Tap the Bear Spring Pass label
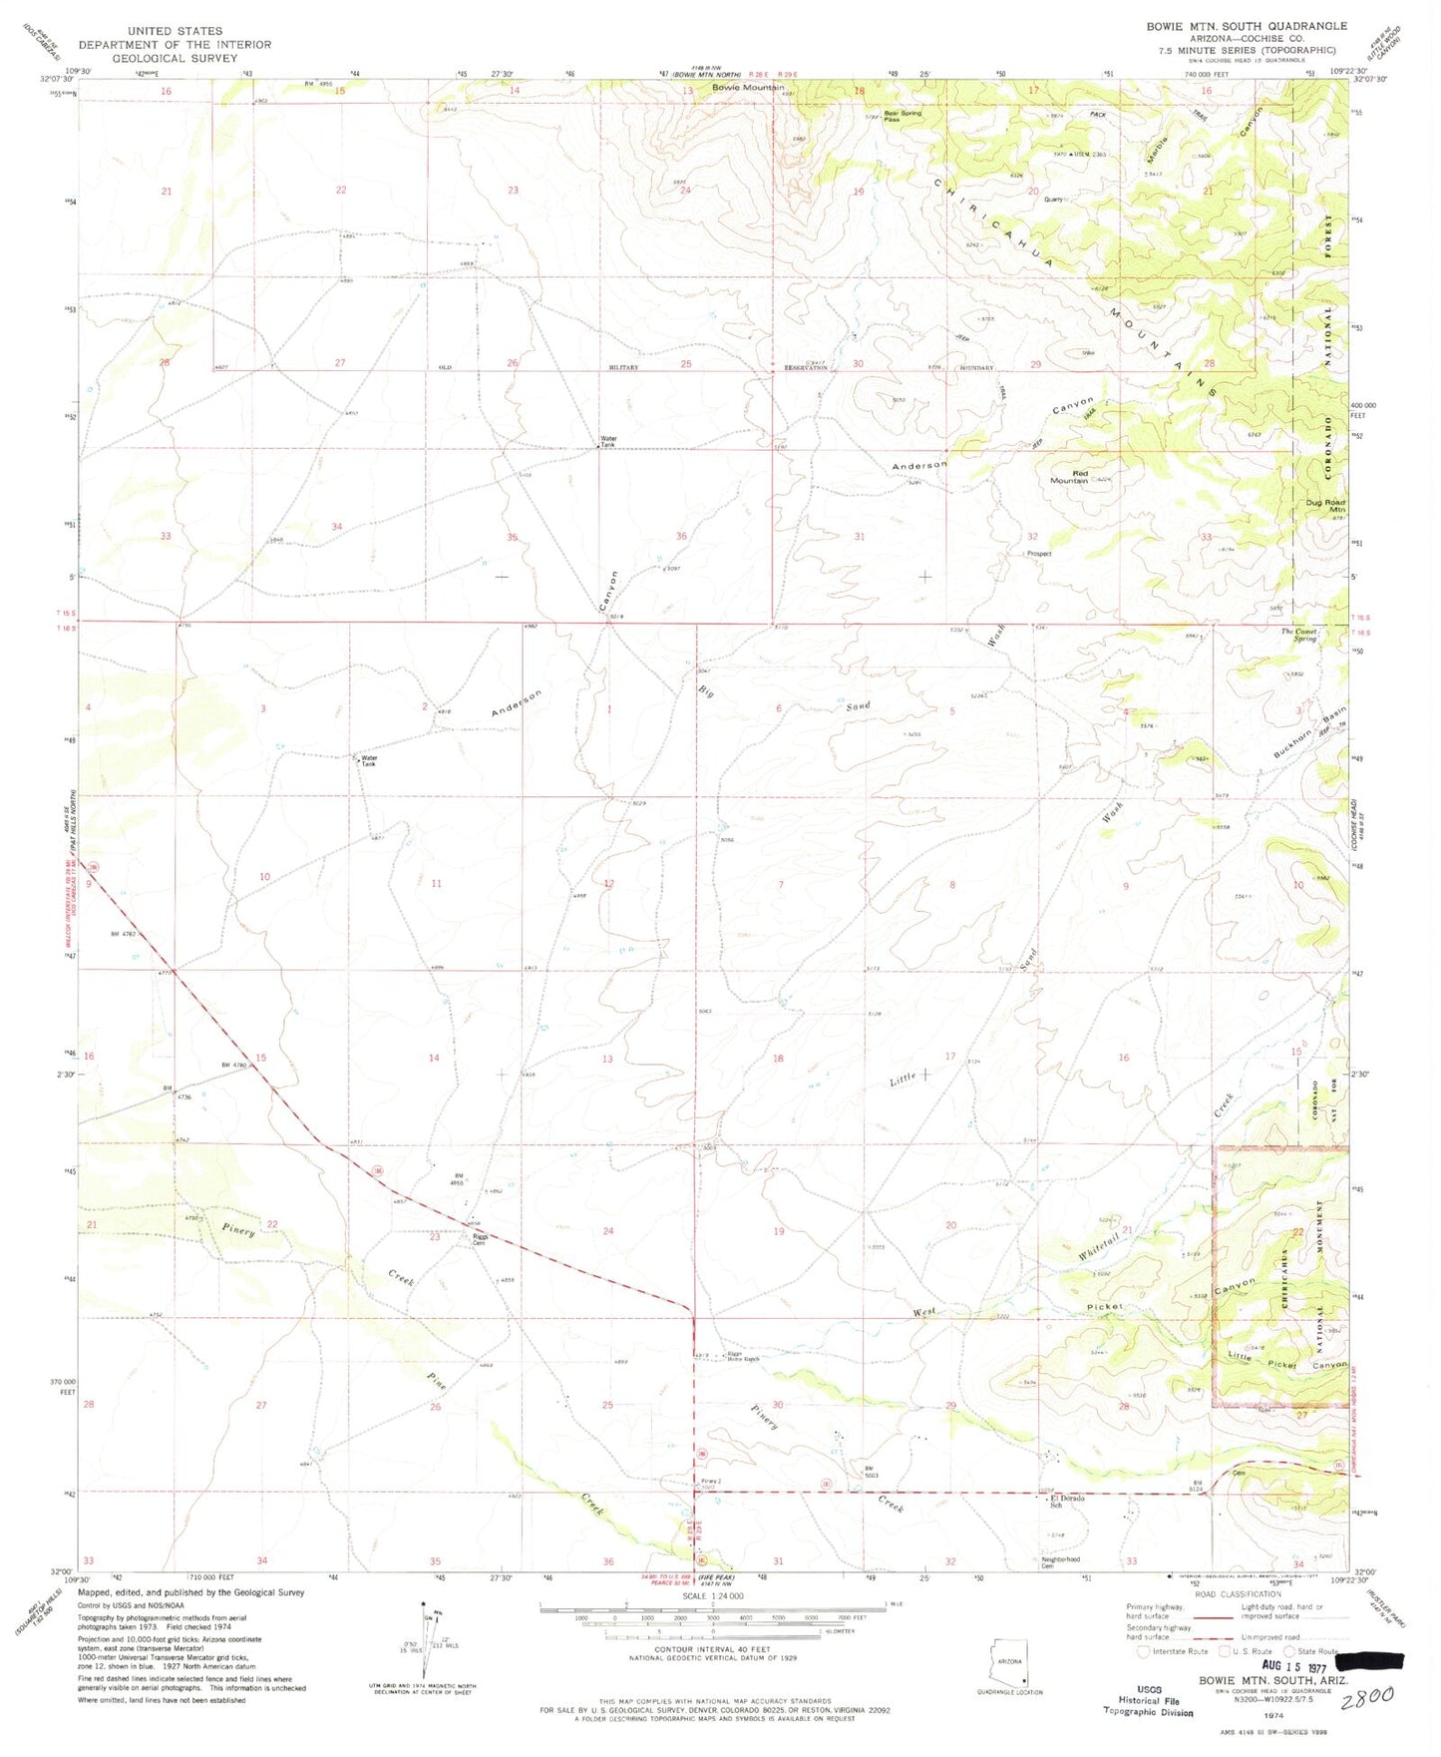(x=902, y=116)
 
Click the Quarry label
(x=1054, y=199)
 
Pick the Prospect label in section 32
(x=1038, y=554)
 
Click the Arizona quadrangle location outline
(x=1009, y=1660)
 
